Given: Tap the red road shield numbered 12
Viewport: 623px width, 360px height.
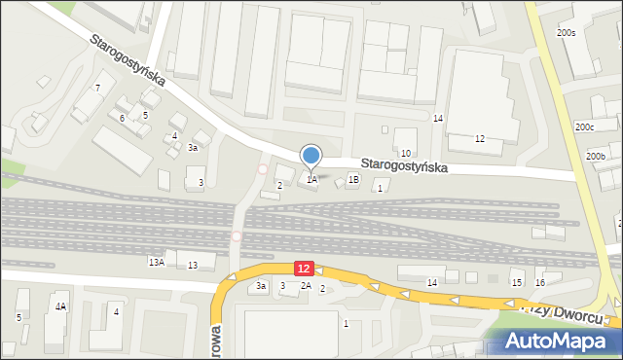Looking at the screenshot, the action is [304, 268].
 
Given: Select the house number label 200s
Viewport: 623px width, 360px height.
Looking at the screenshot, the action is [567, 33].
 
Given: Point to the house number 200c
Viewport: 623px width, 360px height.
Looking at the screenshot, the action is [584, 127].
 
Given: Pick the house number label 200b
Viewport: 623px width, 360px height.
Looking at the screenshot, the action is [596, 157].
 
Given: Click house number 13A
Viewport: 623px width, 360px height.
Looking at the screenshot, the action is [156, 262].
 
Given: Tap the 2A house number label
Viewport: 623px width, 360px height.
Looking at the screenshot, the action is [306, 285].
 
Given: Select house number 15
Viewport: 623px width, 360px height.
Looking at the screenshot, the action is [517, 282].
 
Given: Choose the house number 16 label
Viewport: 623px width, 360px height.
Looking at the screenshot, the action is [540, 282].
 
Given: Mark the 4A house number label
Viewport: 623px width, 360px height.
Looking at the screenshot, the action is [60, 306].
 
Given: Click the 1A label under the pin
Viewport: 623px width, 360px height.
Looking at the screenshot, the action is [311, 179].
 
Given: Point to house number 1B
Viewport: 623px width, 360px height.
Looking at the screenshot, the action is [353, 179].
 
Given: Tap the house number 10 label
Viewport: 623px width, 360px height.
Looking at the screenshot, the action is [406, 154].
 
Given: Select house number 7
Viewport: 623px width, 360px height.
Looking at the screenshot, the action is [97, 89].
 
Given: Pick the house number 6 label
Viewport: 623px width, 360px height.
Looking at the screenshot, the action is [123, 119].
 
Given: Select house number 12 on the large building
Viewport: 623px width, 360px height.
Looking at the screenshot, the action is [479, 139].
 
